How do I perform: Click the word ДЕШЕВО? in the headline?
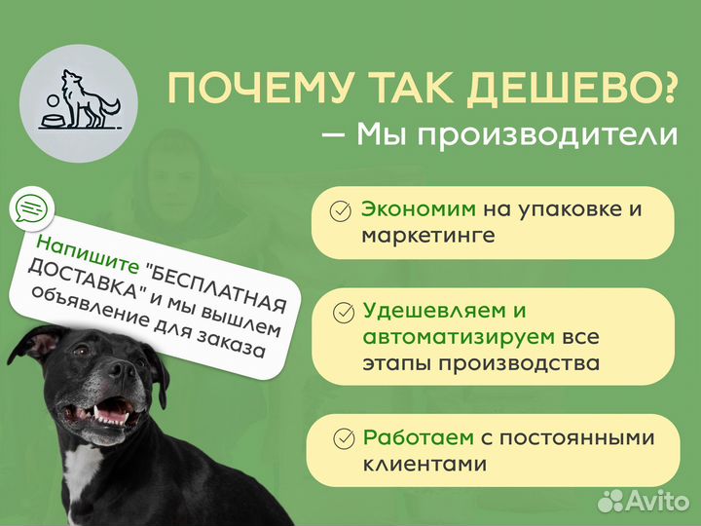pos(582,89)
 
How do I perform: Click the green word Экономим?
pos(419,208)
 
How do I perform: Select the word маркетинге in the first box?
pos(427,236)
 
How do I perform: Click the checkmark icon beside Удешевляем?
pos(343,313)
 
